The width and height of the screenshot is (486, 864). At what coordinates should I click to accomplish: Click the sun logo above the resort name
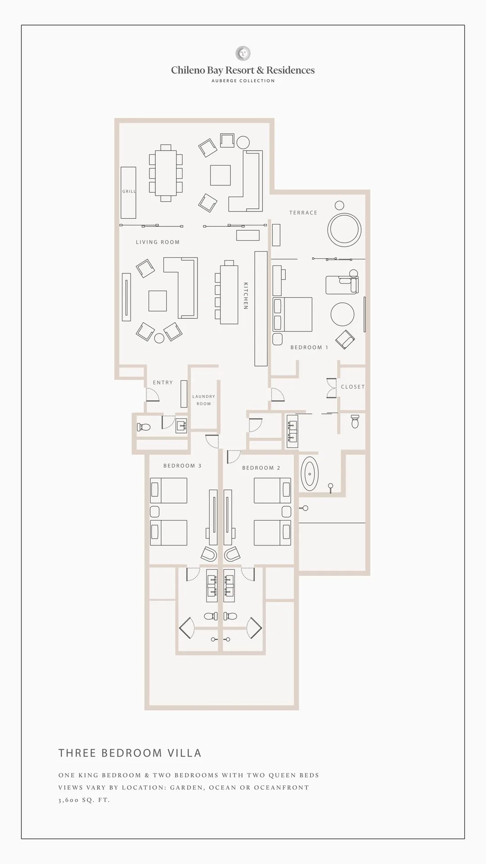tap(243, 54)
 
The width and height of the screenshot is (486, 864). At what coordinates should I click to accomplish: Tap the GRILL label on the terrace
tap(129, 191)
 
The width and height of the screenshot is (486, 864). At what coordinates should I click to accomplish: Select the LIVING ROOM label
tap(157, 242)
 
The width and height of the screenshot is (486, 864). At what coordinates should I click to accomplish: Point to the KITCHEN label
tap(246, 296)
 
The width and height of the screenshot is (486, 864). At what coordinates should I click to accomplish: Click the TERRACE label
tap(303, 213)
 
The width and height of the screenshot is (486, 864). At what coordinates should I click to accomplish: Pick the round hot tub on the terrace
tap(345, 229)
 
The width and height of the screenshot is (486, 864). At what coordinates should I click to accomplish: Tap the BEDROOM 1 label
tap(309, 347)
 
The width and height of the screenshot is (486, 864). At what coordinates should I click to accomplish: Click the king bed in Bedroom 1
tap(292, 314)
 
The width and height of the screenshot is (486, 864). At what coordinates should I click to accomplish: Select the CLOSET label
tap(353, 387)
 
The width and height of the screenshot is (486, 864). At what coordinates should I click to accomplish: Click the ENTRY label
tap(163, 382)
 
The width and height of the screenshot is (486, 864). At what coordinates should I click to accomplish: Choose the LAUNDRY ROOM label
tap(204, 400)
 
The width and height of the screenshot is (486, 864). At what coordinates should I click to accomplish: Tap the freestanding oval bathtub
tap(310, 474)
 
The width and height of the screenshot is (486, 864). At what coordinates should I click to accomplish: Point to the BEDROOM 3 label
tap(182, 466)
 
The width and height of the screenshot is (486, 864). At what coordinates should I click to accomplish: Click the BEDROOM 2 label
tap(261, 468)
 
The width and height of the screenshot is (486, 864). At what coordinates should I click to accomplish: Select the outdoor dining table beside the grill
tap(166, 173)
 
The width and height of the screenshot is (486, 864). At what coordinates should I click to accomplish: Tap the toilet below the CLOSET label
tap(355, 422)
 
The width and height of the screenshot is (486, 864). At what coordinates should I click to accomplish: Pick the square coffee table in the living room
tap(157, 301)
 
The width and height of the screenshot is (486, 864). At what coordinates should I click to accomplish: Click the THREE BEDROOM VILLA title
tap(130, 753)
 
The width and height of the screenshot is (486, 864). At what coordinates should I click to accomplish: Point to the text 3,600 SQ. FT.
tap(84, 800)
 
